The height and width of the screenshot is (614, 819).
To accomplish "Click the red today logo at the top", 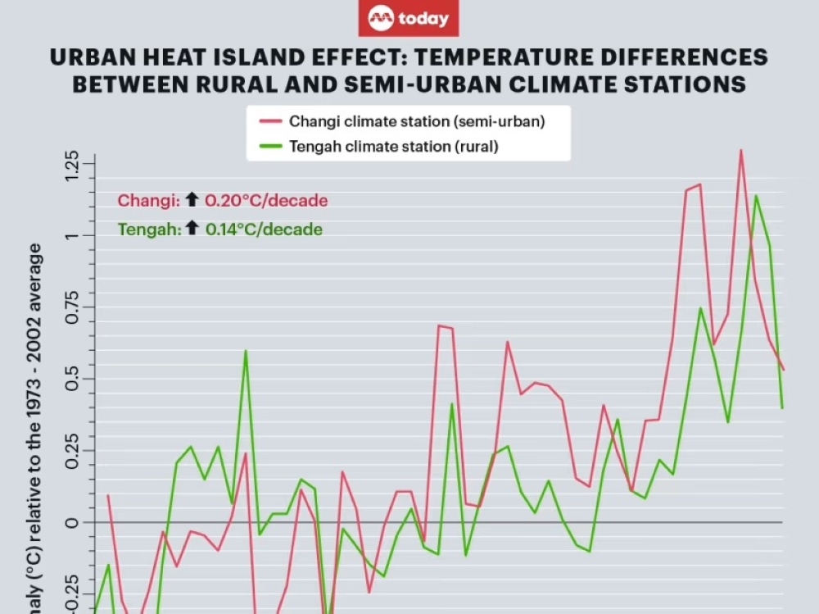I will point(409,18).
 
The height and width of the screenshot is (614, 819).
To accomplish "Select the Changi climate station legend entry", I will point(417,121).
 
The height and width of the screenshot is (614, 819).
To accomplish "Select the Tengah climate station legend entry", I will point(394,147).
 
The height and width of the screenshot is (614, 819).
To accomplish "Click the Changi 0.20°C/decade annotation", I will point(223,201).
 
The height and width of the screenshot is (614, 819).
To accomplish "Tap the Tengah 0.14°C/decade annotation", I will point(220,230).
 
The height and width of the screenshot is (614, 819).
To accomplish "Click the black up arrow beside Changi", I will point(192,199).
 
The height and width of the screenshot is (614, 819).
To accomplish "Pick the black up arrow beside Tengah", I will point(192,228).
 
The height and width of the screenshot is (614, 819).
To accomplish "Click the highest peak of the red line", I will point(740,151).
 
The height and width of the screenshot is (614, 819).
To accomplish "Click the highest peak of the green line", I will point(755,195).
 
